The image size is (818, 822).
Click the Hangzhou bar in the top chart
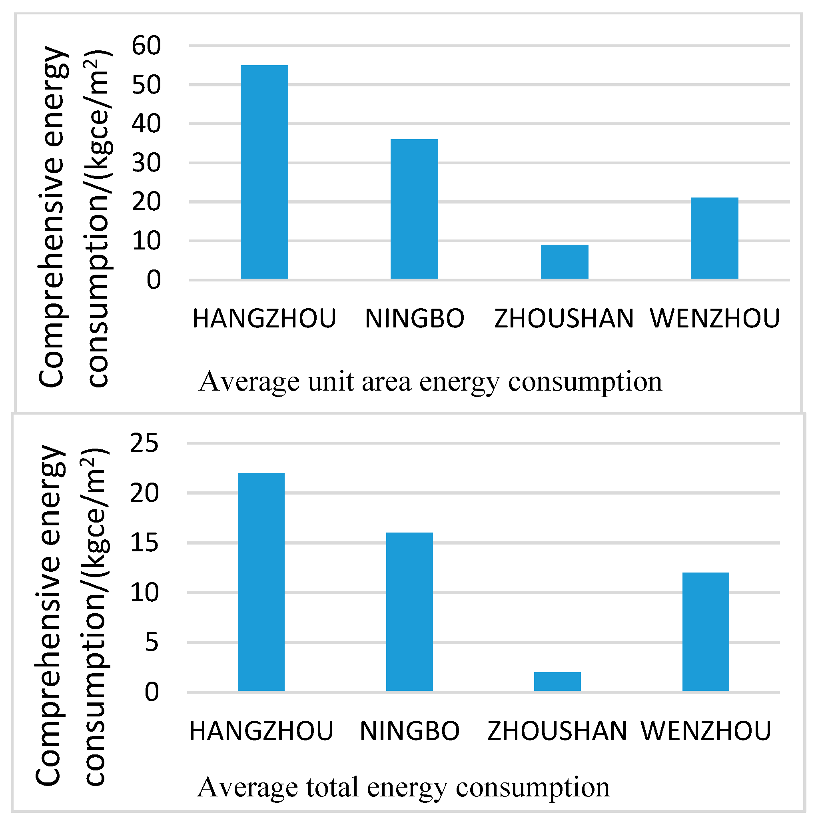(264, 172)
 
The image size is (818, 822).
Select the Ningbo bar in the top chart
(414, 209)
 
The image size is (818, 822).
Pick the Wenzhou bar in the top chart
(714, 238)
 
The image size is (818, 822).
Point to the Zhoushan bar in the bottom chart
(557, 682)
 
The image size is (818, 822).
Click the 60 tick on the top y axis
(146, 46)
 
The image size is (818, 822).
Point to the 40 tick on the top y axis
(146, 124)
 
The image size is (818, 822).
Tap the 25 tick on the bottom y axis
(144, 443)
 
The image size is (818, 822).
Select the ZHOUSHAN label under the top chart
(564, 319)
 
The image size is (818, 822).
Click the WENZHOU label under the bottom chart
(706, 731)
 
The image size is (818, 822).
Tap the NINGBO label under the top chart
(414, 319)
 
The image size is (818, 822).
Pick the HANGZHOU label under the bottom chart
(261, 731)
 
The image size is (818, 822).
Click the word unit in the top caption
(331, 382)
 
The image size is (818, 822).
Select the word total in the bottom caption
(332, 788)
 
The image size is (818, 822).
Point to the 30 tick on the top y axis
(146, 163)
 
